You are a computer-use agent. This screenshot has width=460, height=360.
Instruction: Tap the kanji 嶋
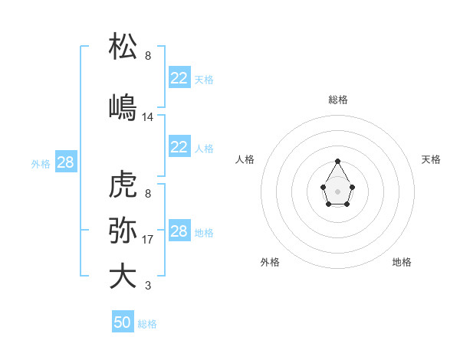coord(123,106)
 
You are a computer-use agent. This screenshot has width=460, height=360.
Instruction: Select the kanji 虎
coord(123,185)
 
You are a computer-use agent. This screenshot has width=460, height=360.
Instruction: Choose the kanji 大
coord(123,276)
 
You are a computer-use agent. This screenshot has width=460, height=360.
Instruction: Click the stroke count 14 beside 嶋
coord(148,117)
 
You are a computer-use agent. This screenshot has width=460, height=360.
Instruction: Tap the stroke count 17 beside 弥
coord(148,240)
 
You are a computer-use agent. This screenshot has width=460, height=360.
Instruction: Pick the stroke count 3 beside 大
coord(148,286)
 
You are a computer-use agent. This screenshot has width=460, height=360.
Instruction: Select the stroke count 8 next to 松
coord(148,56)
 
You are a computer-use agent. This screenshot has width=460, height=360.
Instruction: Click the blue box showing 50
coord(123,322)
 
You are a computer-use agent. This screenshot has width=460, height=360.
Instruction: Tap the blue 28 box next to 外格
coord(65,162)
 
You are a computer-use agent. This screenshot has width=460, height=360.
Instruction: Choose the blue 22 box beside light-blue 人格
coord(179,147)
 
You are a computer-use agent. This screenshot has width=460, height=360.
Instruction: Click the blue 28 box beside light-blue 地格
coord(179,231)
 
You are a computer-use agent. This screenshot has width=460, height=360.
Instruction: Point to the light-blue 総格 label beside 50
coord(147,324)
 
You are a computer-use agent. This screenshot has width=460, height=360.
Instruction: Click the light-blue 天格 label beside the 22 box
coord(204,79)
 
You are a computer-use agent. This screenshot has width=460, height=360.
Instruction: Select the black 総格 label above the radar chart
coord(338,100)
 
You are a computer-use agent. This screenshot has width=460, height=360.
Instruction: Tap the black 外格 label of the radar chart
coord(270,262)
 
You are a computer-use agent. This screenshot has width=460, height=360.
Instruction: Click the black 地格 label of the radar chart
coord(402,262)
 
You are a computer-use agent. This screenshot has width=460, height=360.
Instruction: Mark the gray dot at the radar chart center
coord(337,191)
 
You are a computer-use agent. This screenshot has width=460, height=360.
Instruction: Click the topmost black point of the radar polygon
coord(337,161)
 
